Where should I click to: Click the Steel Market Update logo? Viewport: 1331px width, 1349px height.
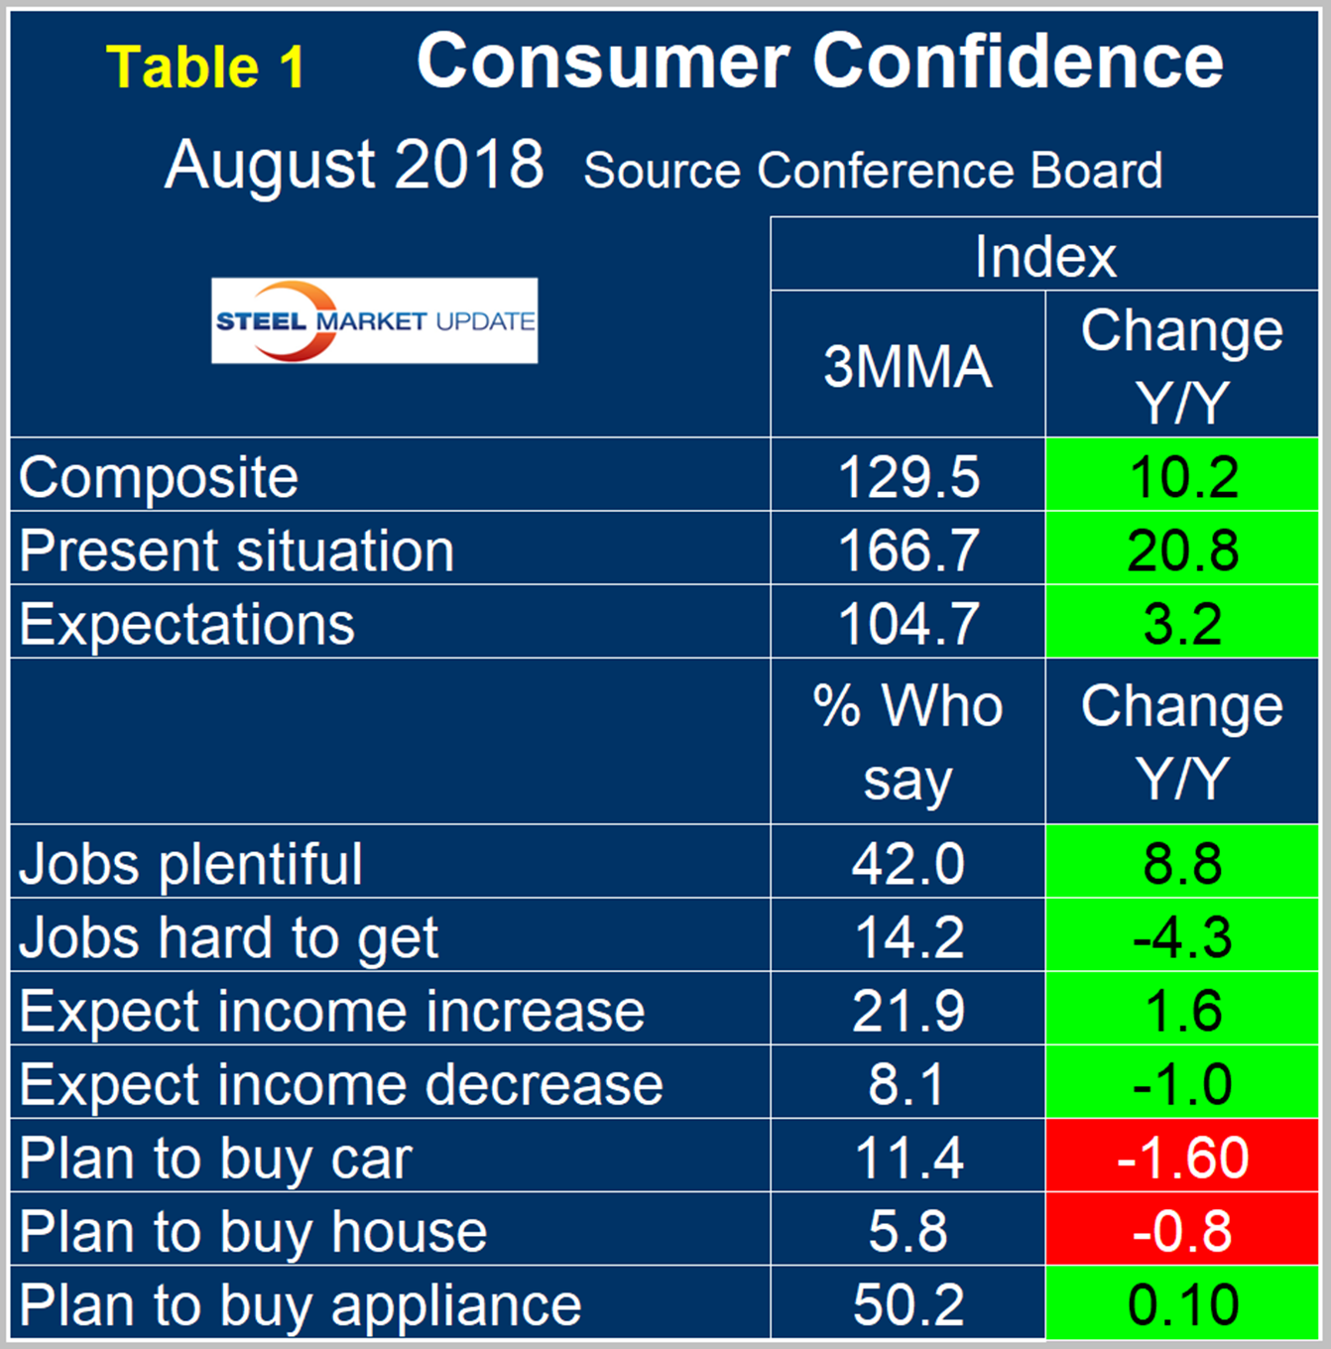(x=374, y=320)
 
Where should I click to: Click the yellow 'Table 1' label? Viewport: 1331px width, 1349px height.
(x=205, y=67)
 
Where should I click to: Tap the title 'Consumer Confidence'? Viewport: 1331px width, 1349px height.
(x=819, y=61)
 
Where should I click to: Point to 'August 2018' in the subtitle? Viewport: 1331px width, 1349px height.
(x=354, y=165)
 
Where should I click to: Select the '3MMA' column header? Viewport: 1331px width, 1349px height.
(x=907, y=366)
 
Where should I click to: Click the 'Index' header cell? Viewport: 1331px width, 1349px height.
(x=1044, y=256)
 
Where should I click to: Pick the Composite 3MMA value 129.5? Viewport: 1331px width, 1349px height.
(x=907, y=476)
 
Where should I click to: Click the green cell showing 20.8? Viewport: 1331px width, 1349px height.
(x=1182, y=550)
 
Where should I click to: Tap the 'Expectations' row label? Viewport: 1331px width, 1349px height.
(x=187, y=624)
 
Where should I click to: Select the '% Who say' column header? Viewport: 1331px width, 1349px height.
(x=907, y=742)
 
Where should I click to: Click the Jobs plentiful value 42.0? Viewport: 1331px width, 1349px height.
(x=907, y=863)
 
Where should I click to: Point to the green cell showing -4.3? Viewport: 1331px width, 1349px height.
(x=1182, y=936)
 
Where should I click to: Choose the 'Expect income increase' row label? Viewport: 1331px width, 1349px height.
(x=332, y=1011)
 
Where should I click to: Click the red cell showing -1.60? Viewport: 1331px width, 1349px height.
(x=1182, y=1158)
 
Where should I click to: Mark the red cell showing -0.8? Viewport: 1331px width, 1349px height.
(x=1182, y=1231)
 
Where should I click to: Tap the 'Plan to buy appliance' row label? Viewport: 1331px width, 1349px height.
(x=301, y=1304)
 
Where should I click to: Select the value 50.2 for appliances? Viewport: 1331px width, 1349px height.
(x=907, y=1304)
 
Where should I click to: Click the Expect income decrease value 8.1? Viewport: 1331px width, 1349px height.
(x=907, y=1084)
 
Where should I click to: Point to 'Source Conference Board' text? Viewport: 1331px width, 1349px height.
(x=873, y=171)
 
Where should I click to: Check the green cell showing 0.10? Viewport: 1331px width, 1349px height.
(x=1182, y=1304)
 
